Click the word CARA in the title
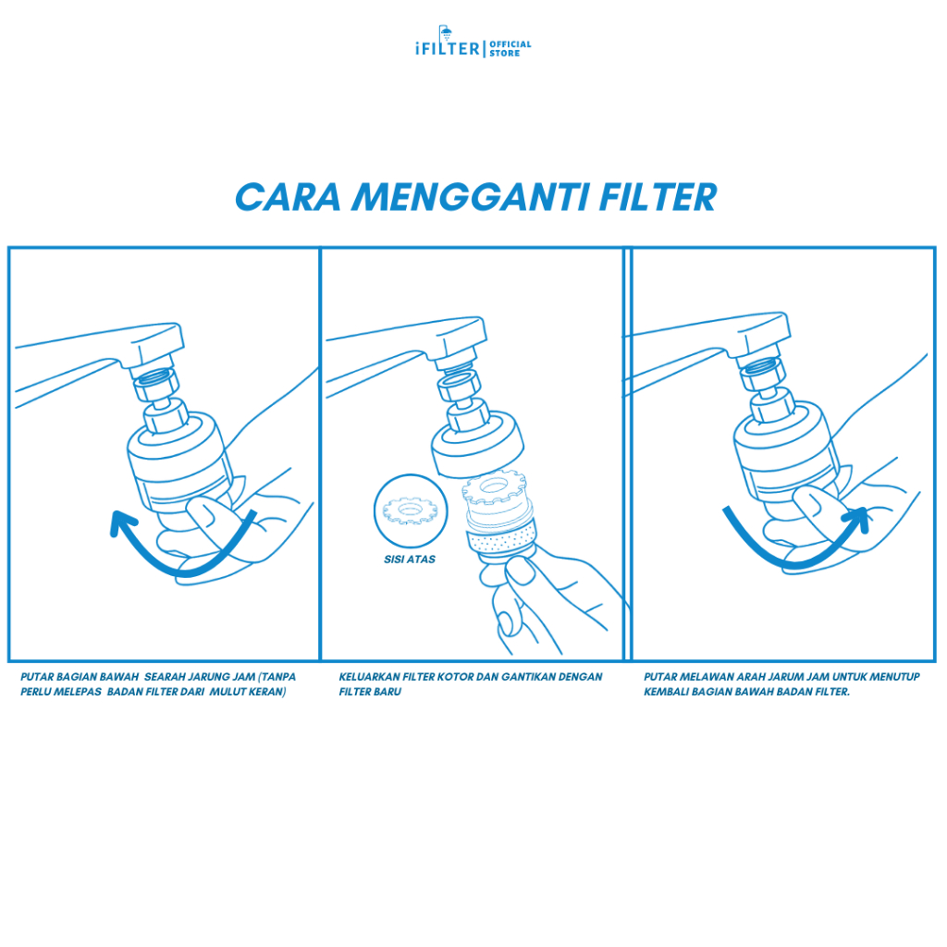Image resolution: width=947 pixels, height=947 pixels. [289, 198]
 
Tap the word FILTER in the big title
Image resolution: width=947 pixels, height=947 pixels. [658, 198]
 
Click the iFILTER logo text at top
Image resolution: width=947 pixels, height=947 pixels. [448, 48]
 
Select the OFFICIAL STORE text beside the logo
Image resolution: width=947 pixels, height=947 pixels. [510, 48]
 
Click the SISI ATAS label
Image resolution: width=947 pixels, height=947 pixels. [410, 560]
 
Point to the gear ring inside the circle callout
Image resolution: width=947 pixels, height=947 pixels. [410, 510]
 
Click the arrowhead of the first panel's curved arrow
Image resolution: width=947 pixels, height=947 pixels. [122, 523]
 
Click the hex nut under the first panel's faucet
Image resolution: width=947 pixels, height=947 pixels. [155, 385]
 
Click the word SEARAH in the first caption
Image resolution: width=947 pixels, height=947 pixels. [164, 677]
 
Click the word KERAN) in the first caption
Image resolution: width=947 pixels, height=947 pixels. [267, 692]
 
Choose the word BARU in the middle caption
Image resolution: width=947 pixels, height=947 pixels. [387, 692]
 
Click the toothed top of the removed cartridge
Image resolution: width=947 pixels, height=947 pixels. [495, 487]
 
